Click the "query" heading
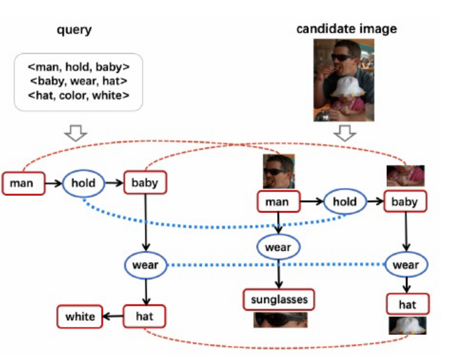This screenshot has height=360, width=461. [x=74, y=30]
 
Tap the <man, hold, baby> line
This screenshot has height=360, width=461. [x=78, y=67]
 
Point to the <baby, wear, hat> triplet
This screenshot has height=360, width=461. [x=78, y=82]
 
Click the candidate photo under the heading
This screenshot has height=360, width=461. [x=344, y=79]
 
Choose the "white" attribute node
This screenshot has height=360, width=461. [x=79, y=316]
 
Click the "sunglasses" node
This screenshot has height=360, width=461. [x=279, y=300]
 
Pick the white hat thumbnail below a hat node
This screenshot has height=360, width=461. [x=407, y=324]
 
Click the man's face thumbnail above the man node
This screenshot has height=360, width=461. [x=278, y=172]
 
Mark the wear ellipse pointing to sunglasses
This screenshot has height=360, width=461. [x=278, y=247]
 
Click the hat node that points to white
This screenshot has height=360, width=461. [x=144, y=316]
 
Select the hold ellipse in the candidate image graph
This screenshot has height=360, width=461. [x=344, y=202]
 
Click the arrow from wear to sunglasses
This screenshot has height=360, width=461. [x=278, y=273]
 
